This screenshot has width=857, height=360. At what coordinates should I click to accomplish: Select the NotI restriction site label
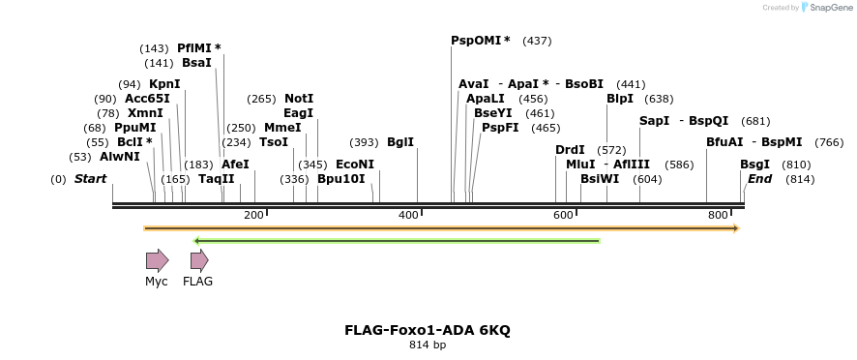click(x=299, y=99)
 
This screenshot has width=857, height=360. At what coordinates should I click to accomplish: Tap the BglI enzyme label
click(x=400, y=142)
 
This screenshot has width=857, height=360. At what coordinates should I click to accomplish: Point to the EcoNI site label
click(x=354, y=165)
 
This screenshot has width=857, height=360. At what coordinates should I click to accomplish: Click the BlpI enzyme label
click(x=620, y=99)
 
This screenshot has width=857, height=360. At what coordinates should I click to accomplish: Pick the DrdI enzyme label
click(x=570, y=150)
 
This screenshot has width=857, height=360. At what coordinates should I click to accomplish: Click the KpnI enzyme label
click(x=164, y=84)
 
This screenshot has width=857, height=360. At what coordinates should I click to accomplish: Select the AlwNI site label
click(x=120, y=157)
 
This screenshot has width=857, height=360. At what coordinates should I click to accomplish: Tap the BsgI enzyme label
click(x=754, y=165)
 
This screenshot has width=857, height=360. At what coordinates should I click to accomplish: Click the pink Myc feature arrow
click(x=157, y=259)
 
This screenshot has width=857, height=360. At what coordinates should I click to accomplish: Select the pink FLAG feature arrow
click(x=199, y=259)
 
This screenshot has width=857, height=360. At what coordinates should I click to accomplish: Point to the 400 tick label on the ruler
click(x=406, y=215)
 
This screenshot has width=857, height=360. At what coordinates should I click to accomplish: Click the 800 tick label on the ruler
click(x=717, y=215)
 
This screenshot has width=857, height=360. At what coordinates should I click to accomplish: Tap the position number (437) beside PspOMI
click(x=537, y=41)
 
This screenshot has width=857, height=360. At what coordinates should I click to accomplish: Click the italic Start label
click(x=90, y=179)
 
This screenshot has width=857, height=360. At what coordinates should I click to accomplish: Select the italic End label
click(x=759, y=179)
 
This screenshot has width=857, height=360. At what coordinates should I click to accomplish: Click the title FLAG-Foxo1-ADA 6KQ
click(x=428, y=330)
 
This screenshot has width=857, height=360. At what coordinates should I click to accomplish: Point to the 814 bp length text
click(x=428, y=345)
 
